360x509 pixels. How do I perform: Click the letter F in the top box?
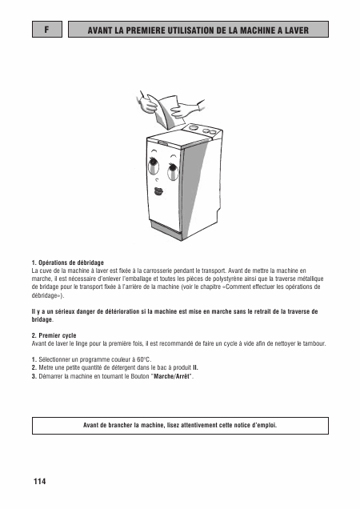pyautogui.click(x=48, y=30)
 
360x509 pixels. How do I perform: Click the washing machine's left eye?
pyautogui.click(x=152, y=166)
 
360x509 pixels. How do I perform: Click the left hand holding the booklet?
pyautogui.click(x=149, y=102)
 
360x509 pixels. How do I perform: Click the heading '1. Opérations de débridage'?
pyautogui.click(x=68, y=262)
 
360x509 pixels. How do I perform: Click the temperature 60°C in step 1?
pyautogui.click(x=141, y=360)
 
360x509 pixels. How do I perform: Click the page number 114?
pyautogui.click(x=40, y=481)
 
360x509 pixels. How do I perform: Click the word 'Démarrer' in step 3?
pyautogui.click(x=50, y=376)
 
